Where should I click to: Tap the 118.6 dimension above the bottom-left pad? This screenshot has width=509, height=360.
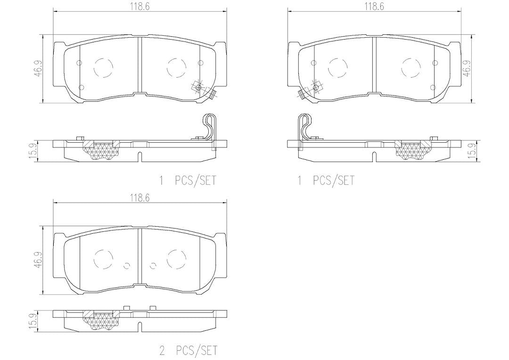point(140,197)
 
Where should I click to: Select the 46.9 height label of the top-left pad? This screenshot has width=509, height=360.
point(39,69)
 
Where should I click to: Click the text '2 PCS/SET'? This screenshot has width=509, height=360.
point(188,350)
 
